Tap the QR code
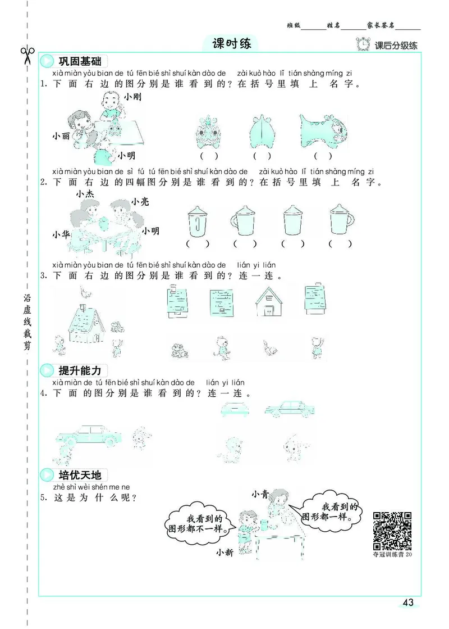tap(392, 530)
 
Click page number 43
tap(408, 603)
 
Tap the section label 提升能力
tap(79, 370)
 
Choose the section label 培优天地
tap(79, 475)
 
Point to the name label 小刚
tap(133, 97)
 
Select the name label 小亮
tap(140, 201)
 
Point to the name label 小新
tap(224, 553)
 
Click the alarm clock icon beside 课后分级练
tap(364, 44)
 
